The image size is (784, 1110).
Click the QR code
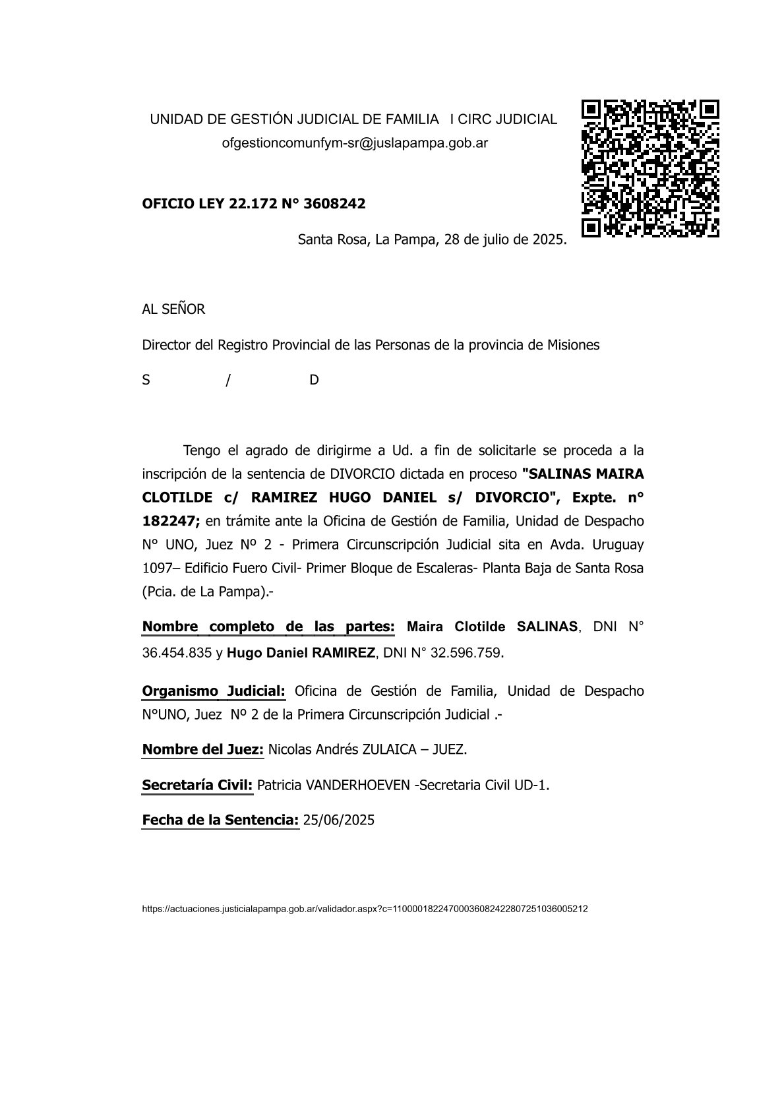[x=649, y=168]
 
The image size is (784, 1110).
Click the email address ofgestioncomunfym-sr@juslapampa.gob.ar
[x=355, y=143]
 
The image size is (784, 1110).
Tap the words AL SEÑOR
[x=173, y=309]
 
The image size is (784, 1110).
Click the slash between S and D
[x=227, y=381]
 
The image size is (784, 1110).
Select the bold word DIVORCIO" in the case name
[x=513, y=497]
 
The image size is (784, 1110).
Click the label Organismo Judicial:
[x=214, y=691]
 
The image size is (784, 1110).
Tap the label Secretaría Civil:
[x=197, y=786]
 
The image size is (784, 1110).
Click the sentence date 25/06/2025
[x=338, y=820]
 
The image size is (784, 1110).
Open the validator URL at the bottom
[x=365, y=909]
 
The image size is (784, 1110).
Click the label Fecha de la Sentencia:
[x=220, y=820]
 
